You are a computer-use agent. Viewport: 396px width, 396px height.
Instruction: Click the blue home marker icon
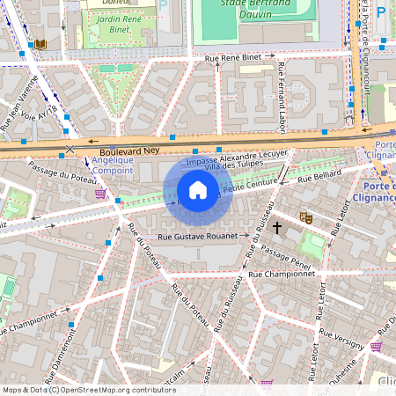click(x=198, y=190)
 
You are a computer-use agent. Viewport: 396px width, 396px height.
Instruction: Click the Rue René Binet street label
click(x=233, y=58)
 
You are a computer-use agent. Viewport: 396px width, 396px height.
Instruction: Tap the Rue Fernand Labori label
click(x=282, y=97)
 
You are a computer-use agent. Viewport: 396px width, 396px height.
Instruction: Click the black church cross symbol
click(x=277, y=228)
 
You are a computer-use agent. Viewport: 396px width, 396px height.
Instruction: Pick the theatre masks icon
click(x=306, y=216)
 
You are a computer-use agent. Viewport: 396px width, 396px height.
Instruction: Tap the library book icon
click(x=40, y=44)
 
